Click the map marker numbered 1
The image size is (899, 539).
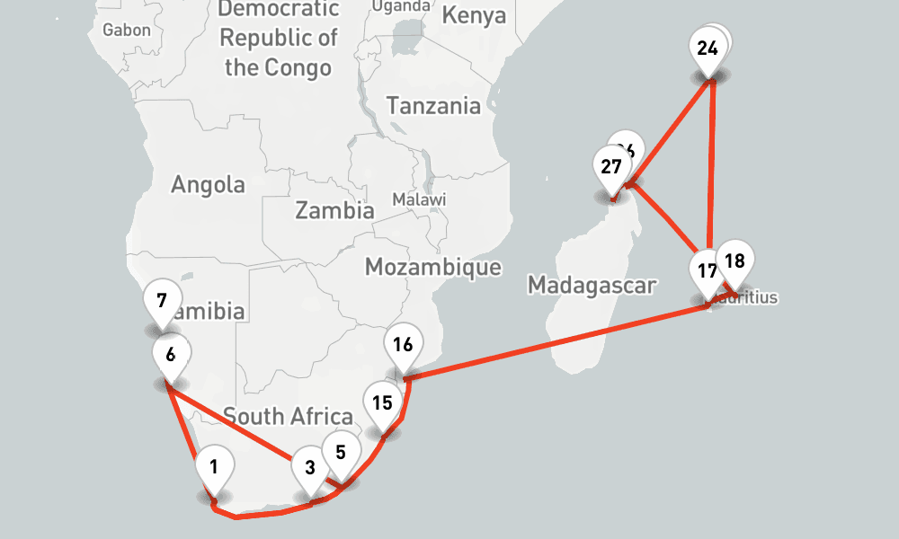214,467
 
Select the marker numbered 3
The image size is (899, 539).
310,468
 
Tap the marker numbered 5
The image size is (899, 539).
340,452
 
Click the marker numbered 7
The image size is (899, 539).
162,300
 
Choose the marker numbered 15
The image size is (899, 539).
382,402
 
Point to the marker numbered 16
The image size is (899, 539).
403,344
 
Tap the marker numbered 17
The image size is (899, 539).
707,271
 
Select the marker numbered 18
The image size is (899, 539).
734,262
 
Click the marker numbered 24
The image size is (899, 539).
708,48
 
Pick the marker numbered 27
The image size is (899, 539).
611,167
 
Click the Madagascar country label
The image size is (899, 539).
592,286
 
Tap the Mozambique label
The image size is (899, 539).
432,267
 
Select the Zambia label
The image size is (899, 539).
334,211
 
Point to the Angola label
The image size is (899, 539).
208,185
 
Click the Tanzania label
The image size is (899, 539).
433,106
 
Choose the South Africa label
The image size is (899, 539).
288,417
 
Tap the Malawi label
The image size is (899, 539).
419,199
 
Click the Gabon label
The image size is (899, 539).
127,30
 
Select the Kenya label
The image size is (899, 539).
474,16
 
